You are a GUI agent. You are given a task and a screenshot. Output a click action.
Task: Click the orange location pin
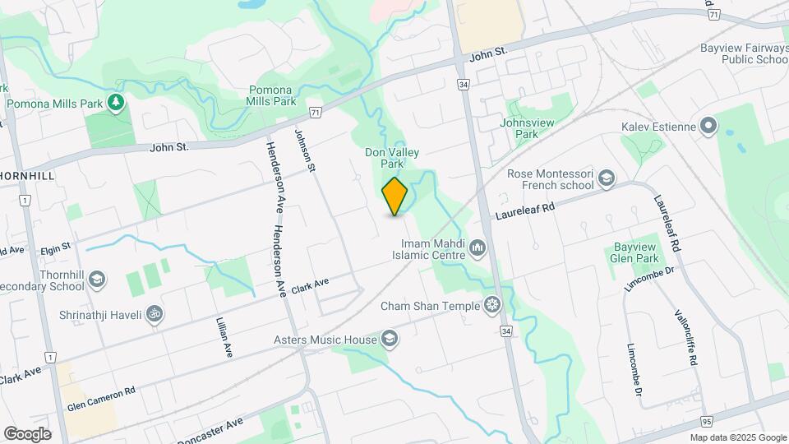394,197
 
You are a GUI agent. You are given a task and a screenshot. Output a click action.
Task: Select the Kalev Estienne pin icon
708,127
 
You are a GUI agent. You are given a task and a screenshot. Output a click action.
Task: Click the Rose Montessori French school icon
606,178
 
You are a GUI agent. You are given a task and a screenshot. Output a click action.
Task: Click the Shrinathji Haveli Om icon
152,314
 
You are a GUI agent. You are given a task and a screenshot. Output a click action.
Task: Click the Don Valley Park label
392,158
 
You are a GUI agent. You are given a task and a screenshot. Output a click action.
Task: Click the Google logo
27,433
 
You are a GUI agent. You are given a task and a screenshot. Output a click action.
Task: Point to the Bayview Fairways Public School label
744,53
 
